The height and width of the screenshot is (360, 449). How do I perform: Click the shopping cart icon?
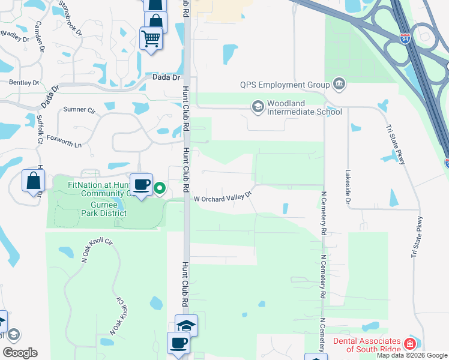[x=151, y=38]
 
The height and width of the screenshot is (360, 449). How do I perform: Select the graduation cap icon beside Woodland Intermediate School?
[x=258, y=107]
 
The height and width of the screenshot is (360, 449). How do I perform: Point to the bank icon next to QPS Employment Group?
[x=339, y=83]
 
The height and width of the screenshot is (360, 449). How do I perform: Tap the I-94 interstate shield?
[x=406, y=38]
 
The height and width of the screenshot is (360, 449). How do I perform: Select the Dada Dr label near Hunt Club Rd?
[x=166, y=77]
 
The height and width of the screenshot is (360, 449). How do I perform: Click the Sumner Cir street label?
[x=79, y=110]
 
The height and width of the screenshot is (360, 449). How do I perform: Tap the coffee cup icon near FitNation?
[x=142, y=185]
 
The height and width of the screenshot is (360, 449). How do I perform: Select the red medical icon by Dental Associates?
[x=410, y=344]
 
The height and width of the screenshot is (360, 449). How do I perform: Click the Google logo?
[x=20, y=353]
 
